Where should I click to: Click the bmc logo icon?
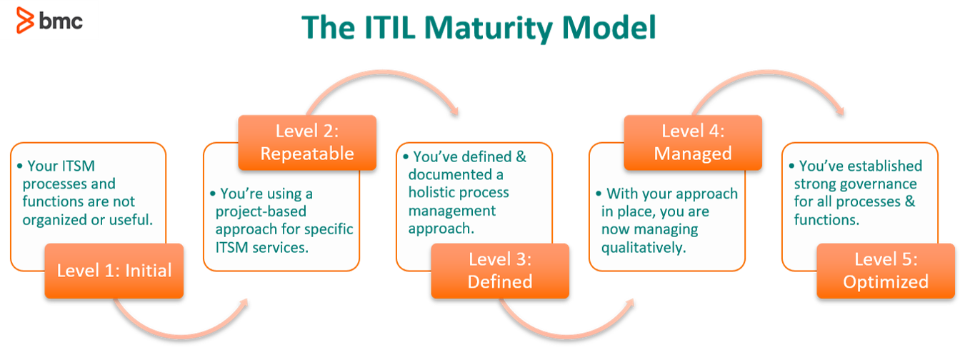point(25,20)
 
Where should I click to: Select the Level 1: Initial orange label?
point(114,271)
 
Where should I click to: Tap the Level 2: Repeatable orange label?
point(307,142)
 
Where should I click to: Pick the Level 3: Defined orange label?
point(500,271)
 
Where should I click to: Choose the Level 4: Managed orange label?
point(693,142)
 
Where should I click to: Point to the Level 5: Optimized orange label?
point(886,271)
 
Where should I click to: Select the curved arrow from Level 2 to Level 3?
point(384,72)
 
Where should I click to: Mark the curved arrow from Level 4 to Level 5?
point(769,72)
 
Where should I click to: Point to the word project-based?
point(261,212)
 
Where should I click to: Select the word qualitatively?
point(644,249)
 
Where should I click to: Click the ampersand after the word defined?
point(521,157)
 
